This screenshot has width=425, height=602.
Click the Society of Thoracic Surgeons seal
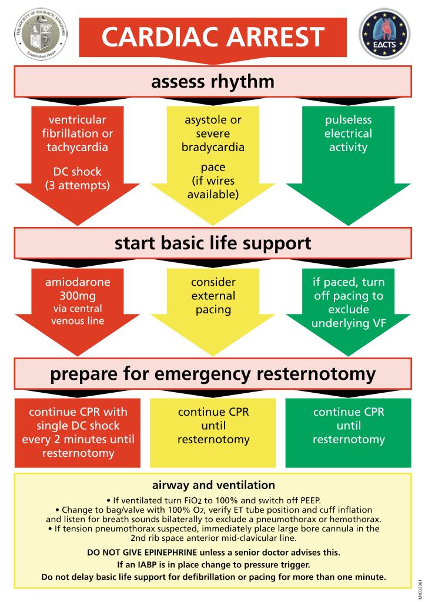[41, 34]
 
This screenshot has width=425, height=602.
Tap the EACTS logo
[384, 34]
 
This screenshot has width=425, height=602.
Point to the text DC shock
[77, 172]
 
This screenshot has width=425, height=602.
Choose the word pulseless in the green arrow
[348, 121]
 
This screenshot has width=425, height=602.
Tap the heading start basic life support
[213, 243]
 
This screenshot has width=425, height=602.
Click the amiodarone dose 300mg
[78, 296]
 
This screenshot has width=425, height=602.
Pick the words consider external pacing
[213, 296]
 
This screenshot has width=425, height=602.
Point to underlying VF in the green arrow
[348, 323]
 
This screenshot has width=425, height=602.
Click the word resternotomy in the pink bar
[316, 374]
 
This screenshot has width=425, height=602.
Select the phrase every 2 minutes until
[78, 440]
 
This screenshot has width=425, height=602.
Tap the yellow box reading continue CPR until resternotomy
[213, 433]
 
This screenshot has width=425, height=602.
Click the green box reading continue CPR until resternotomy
[348, 433]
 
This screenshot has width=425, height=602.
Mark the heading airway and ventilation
[213, 485]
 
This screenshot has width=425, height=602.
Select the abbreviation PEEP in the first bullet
[309, 501]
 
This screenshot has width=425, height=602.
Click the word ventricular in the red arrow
[78, 120]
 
